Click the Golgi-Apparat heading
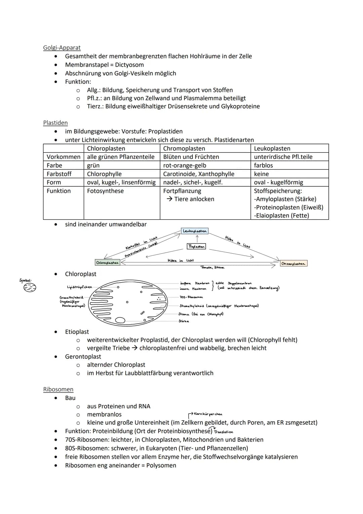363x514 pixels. coord(62,48)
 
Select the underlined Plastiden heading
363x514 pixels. coord(55,123)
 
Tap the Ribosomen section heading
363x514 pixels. coord(58,389)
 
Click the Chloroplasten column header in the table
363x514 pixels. coord(106,148)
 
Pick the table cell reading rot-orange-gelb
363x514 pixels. coord(185,166)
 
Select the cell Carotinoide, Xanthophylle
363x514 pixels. coord(199,174)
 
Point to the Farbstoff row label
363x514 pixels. coord(59,174)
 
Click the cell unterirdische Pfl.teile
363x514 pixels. coord(283,157)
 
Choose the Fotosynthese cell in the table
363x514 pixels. coord(105,191)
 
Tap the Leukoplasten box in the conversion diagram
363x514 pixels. coord(195,231)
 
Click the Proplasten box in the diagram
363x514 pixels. coord(196,246)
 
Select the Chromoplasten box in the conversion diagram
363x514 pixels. coord(293,264)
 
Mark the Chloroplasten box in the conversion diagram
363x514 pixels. coord(108,262)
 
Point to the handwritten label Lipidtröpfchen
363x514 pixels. coord(79,287)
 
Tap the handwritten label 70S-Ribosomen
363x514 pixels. coord(191,297)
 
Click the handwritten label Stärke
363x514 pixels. coord(184,321)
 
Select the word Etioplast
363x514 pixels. coord(77,332)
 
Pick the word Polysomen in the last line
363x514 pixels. coord(161,465)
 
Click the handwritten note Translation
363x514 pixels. coord(223,432)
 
